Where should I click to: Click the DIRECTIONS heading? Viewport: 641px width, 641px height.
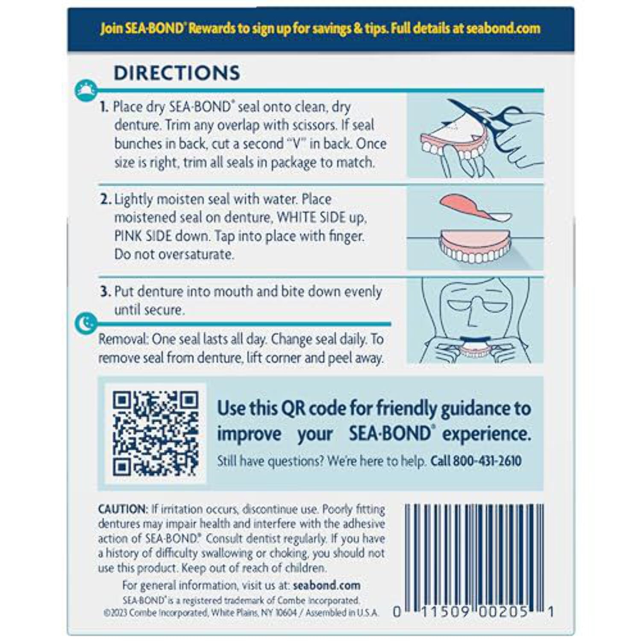pyautogui.click(x=176, y=73)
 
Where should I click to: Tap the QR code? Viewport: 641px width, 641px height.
pyautogui.click(x=156, y=433)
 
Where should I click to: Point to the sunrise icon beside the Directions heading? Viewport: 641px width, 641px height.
pyautogui.click(x=85, y=90)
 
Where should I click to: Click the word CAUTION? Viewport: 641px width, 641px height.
pyautogui.click(x=122, y=509)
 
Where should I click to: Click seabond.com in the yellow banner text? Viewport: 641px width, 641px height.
pyautogui.click(x=503, y=29)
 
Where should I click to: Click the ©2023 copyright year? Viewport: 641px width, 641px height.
pyautogui.click(x=113, y=612)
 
